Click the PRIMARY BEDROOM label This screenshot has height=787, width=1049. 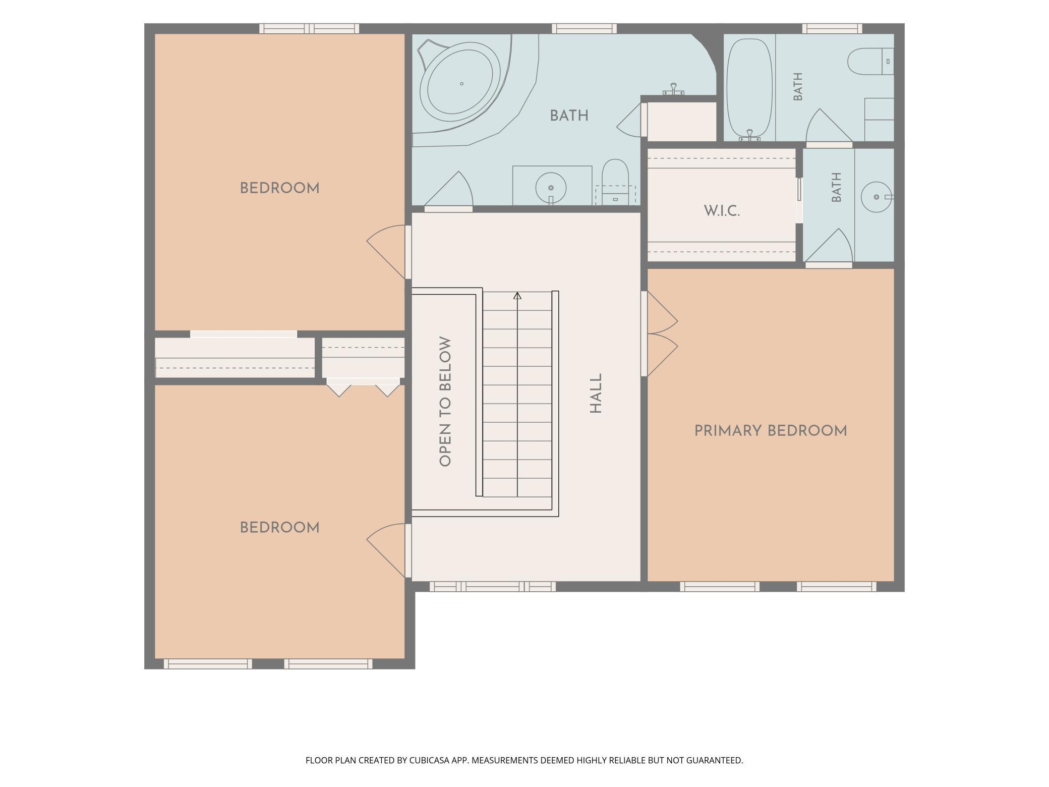[770, 431]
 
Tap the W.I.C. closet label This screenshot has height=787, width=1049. [722, 211]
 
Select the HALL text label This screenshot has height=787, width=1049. [596, 393]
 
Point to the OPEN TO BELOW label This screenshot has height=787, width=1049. [445, 402]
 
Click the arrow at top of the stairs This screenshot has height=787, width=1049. [517, 296]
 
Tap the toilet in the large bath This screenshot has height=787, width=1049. [615, 182]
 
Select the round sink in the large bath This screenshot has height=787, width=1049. [551, 188]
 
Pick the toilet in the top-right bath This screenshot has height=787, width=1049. [870, 62]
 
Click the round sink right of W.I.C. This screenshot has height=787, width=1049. [877, 196]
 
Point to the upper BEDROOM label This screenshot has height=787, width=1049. [279, 188]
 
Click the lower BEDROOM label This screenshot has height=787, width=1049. [279, 528]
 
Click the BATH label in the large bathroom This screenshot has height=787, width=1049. [569, 116]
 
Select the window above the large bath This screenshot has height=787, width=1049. [584, 29]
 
